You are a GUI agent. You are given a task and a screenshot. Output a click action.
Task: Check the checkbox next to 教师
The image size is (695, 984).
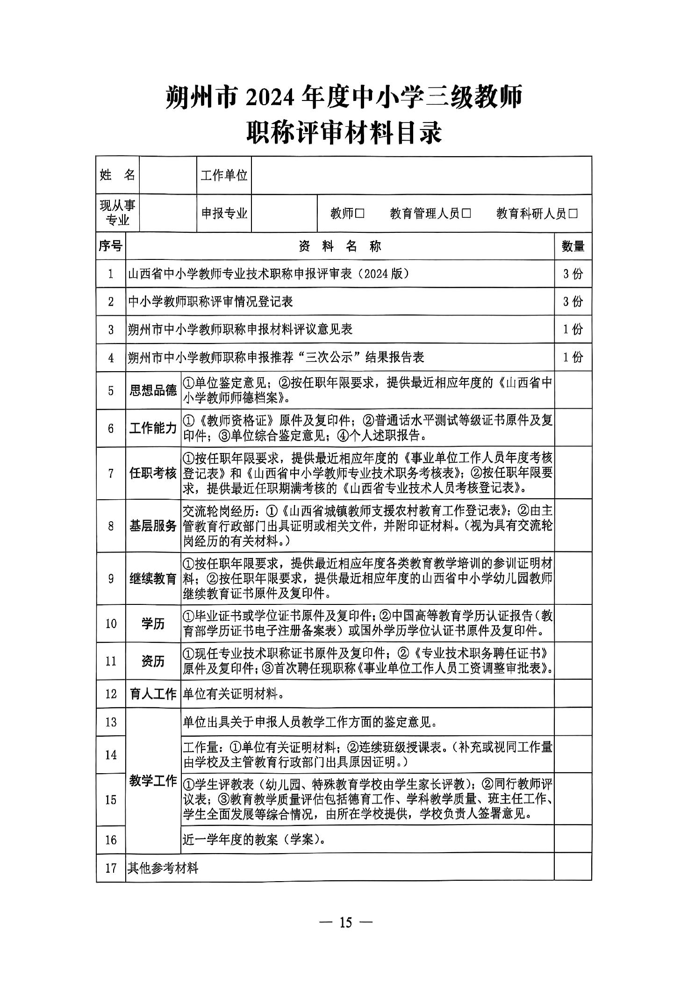359,214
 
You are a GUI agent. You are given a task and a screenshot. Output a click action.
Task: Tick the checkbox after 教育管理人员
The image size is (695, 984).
466,214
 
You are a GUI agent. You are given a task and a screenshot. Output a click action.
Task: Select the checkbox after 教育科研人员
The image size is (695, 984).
573,214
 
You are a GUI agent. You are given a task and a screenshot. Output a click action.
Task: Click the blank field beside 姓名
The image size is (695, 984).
167,175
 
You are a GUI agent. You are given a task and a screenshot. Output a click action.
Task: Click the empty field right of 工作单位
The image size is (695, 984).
421,175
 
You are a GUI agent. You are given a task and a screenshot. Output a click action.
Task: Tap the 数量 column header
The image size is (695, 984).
573,246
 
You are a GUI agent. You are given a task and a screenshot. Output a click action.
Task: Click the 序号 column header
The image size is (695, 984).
111,246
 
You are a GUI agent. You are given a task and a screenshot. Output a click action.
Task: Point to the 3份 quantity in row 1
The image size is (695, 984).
573,274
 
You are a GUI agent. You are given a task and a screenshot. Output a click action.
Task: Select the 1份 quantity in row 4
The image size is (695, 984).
573,358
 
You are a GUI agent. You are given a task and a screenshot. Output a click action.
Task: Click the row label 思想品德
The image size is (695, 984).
153,391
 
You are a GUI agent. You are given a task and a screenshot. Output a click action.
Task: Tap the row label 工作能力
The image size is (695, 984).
153,428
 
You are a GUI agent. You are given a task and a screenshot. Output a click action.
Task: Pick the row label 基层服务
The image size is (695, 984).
153,526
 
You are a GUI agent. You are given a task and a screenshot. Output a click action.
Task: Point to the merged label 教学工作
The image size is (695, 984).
153,781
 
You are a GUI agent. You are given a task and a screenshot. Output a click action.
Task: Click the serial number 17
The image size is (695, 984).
111,869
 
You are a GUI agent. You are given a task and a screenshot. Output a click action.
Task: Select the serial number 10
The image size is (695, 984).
111,624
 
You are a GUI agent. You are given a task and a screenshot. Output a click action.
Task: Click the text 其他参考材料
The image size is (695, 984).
163,869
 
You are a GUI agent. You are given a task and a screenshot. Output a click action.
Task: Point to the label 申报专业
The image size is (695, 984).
224,214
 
